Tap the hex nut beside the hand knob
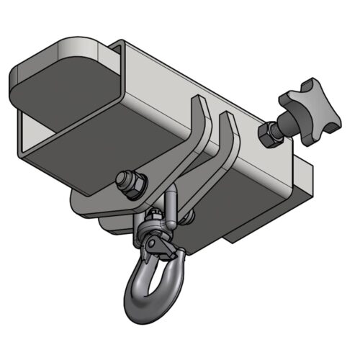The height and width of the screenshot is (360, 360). [269, 134]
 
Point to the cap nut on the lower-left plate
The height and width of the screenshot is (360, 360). [130, 181]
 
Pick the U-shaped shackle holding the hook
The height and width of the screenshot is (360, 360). [173, 205]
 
